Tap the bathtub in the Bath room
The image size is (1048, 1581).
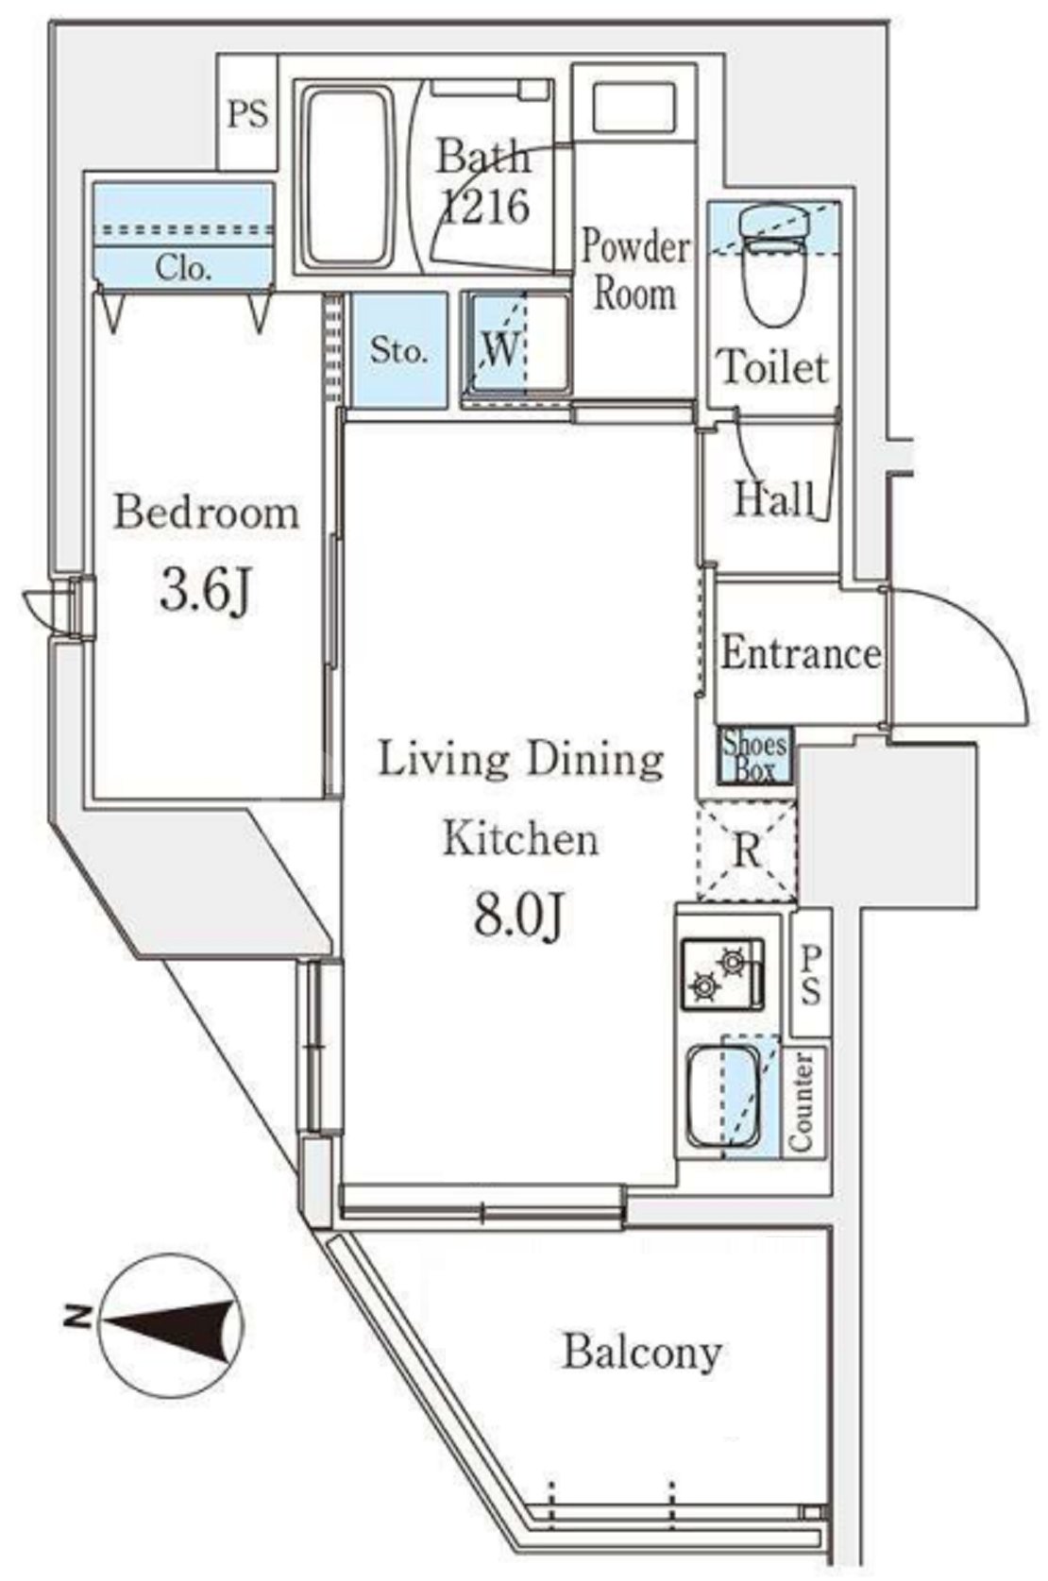[347, 177]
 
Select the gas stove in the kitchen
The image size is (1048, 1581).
[722, 973]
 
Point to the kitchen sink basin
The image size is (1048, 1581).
[724, 1099]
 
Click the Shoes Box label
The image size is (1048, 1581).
[755, 756]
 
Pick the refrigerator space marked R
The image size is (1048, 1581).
[747, 851]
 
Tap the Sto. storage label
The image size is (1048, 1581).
[399, 351]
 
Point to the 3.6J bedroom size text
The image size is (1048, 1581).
[204, 592]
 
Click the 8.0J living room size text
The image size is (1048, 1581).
[519, 917]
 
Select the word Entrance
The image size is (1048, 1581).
[801, 652]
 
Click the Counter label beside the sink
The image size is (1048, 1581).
[803, 1101]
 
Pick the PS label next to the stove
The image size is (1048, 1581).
[810, 975]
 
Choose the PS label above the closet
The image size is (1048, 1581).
[248, 114]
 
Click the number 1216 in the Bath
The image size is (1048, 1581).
[486, 207]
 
